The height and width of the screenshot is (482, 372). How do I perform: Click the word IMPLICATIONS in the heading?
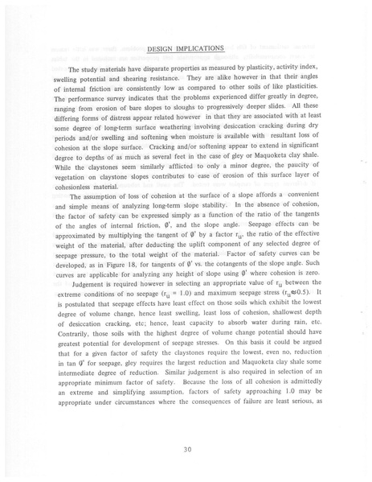tap(199, 48)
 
